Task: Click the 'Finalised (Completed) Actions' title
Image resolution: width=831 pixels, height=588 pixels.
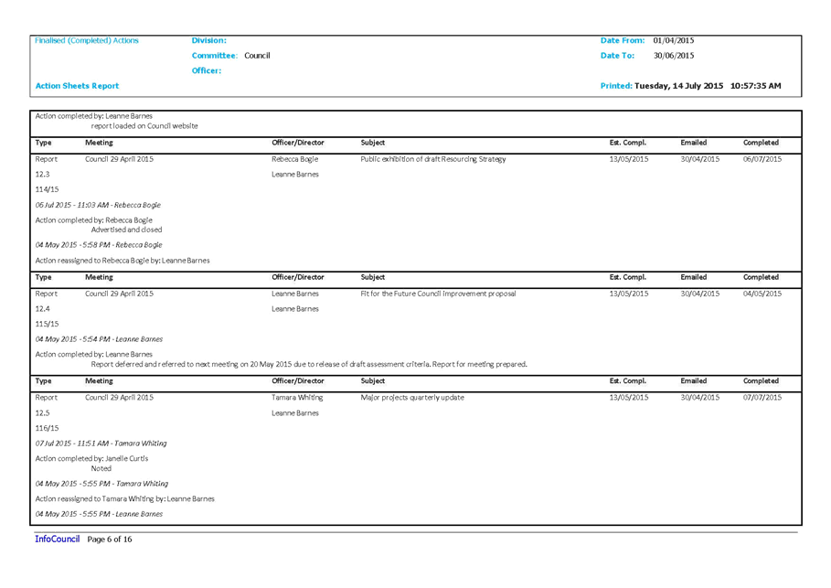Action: coord(86,40)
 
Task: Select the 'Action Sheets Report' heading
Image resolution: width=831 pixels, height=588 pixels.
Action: coord(77,86)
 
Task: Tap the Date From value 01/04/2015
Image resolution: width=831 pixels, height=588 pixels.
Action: coord(673,40)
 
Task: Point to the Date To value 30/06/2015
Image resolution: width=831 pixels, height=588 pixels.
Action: coord(673,56)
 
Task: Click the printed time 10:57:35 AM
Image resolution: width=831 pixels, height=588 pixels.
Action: coord(755,86)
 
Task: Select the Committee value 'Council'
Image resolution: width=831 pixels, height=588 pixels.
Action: coord(257,56)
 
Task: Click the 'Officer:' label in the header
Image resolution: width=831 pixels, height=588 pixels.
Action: coord(207,70)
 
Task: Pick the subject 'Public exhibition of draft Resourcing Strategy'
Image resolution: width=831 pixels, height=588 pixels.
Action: coord(433,159)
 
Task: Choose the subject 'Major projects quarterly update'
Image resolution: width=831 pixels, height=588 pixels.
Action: coord(411,398)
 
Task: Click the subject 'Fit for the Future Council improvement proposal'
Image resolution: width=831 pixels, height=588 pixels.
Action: coord(438,294)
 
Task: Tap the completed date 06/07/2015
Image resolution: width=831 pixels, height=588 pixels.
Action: coord(762,159)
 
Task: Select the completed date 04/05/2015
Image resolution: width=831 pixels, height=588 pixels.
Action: coord(762,294)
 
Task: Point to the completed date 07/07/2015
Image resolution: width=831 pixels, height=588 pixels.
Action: coord(762,398)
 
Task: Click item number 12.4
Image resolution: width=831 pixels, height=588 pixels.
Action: coord(42,308)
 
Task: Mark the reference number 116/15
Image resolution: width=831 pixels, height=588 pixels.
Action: coord(47,428)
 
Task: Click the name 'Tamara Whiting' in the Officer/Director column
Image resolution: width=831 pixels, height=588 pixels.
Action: coord(297,398)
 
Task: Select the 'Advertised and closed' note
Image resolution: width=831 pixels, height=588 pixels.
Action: coord(126,230)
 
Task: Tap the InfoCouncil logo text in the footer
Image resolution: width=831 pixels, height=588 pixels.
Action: coord(58,539)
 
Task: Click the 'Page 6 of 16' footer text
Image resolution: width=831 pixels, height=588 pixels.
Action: coord(109,540)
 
